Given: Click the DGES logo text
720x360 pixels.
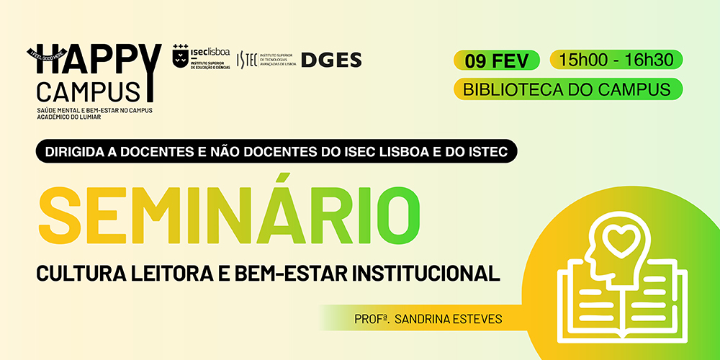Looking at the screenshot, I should pyautogui.click(x=330, y=60).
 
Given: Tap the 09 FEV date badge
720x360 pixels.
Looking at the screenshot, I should pyautogui.click(x=497, y=60).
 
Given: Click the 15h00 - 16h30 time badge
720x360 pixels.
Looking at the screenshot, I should pyautogui.click(x=616, y=60).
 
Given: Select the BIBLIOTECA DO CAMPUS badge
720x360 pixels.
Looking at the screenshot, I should pyautogui.click(x=567, y=90).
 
